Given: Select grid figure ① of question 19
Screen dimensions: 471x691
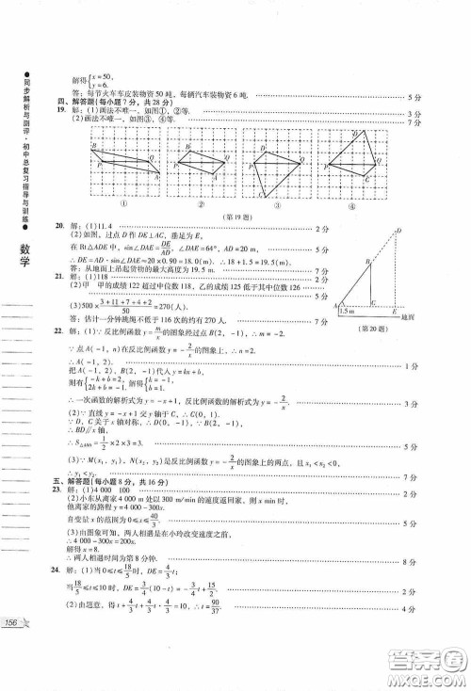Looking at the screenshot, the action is pos(123,166).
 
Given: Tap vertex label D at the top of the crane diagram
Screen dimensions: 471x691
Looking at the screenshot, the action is pos(399,230).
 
